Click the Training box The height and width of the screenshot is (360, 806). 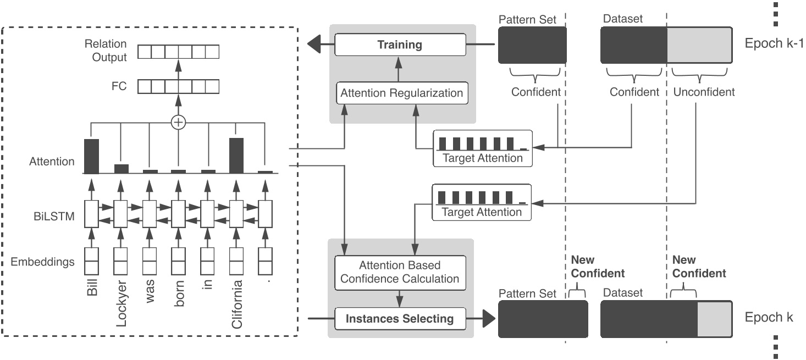tap(400, 45)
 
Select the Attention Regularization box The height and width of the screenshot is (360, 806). tap(401, 93)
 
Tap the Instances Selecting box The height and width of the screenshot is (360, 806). tap(400, 318)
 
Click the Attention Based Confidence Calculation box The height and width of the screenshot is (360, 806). tap(400, 272)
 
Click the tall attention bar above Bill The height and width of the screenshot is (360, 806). tap(91, 156)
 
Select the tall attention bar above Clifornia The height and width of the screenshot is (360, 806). tap(236, 155)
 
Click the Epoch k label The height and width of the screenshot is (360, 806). tap(769, 318)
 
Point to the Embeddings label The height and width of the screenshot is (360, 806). tap(43, 262)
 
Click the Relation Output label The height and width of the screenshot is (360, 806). tap(106, 51)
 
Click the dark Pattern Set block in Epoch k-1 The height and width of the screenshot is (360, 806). tap(532, 45)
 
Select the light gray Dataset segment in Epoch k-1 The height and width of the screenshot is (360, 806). tap(699, 45)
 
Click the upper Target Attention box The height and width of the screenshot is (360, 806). tap(482, 148)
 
